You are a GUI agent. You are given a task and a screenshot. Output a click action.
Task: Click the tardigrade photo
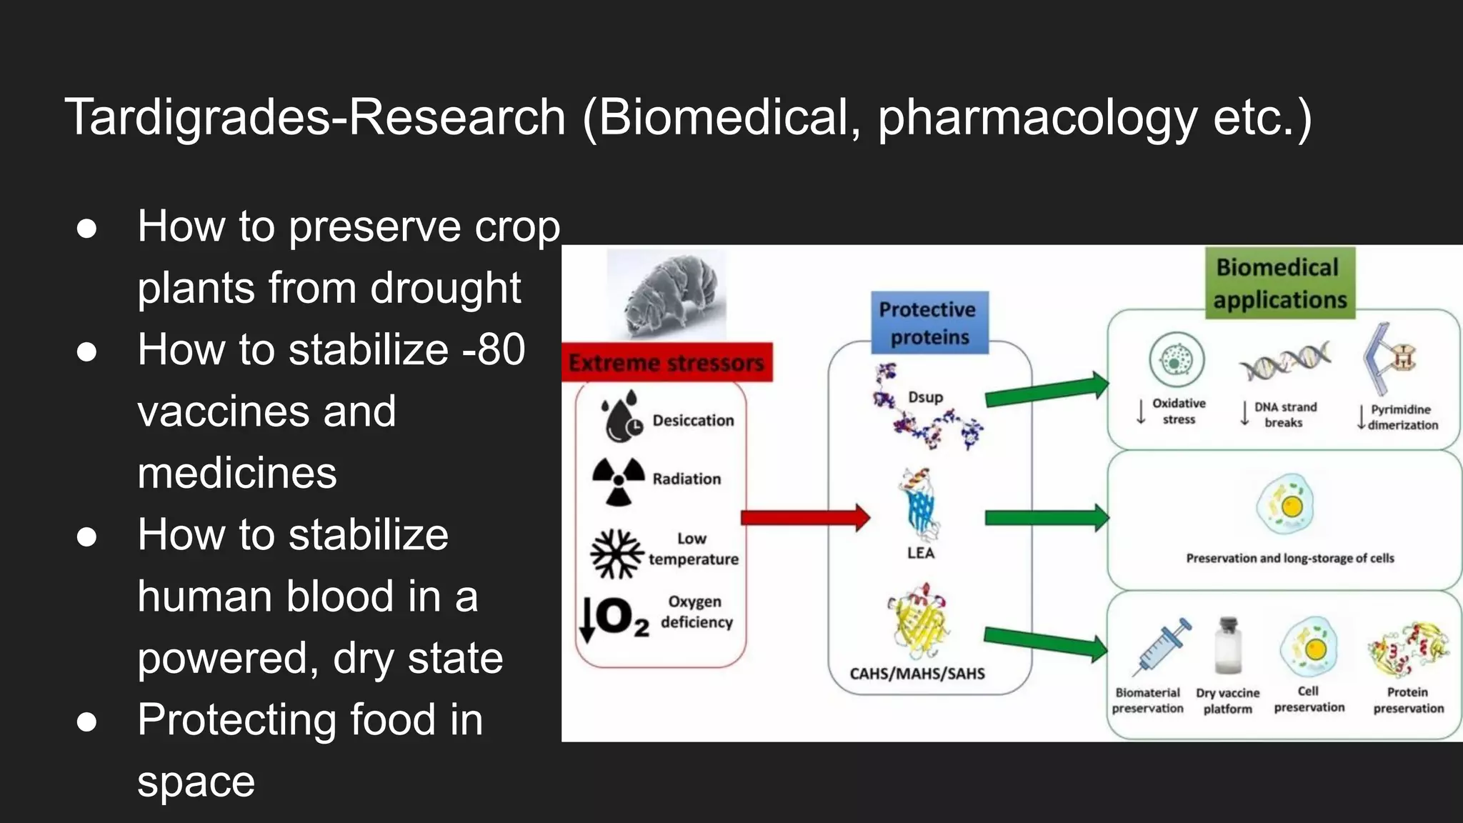point(666,294)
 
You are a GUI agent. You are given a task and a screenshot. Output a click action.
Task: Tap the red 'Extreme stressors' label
point(666,362)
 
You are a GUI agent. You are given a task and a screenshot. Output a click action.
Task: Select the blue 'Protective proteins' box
point(929,323)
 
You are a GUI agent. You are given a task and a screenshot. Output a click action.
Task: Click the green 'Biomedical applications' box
point(1280,283)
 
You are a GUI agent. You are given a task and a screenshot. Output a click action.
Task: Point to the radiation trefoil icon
point(619,481)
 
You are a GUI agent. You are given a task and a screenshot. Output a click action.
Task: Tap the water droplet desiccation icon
point(621,417)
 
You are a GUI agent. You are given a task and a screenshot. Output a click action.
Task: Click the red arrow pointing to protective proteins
point(806,517)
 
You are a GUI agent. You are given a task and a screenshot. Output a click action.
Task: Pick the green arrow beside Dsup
point(1047,390)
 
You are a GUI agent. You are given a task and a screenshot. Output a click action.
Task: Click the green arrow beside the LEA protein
point(1047,518)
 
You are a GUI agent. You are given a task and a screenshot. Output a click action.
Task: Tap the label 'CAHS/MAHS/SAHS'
point(917,674)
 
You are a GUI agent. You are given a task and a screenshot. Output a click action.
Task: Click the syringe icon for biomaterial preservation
point(1162,647)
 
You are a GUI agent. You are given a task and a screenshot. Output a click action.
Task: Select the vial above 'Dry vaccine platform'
point(1228,646)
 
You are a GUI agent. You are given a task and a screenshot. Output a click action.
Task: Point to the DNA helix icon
point(1284,361)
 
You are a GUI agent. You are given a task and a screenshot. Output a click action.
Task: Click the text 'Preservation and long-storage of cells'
point(1290,558)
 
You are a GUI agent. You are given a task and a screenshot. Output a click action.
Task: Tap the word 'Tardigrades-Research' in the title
point(315,117)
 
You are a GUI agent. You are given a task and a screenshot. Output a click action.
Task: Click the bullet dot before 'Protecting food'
point(87,722)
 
